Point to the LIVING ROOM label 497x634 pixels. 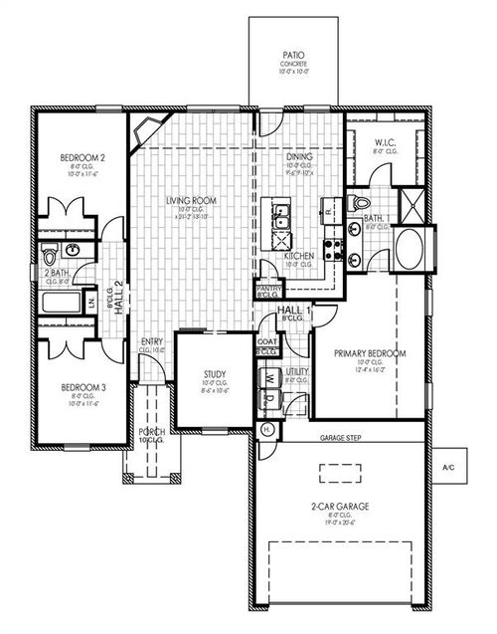tap(192, 200)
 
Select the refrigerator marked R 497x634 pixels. tap(327, 210)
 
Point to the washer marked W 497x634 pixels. tap(268, 379)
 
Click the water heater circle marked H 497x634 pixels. tap(266, 429)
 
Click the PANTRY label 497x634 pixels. tap(266, 291)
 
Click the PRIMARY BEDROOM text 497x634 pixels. tap(370, 353)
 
